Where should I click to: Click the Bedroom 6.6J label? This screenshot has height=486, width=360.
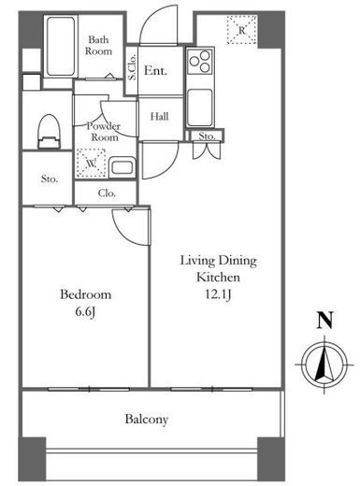[86, 303]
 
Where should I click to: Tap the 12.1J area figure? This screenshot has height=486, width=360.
[218, 294]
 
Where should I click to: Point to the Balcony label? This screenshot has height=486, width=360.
[147, 420]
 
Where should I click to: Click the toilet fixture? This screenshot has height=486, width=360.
[49, 132]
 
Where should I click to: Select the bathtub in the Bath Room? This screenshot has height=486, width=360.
[61, 46]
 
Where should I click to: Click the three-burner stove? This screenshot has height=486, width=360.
[200, 61]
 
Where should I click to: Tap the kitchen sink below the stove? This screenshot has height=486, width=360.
[200, 107]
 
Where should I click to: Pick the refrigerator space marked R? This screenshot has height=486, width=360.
[242, 30]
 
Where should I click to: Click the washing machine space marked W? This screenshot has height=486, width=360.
[91, 163]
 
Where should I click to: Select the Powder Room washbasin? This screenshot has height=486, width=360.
[122, 167]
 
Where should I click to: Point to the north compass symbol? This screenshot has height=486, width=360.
[324, 364]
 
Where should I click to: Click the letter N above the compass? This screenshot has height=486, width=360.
[324, 321]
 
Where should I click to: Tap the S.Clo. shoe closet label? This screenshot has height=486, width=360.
[132, 66]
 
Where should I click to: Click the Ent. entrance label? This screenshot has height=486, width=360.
[155, 70]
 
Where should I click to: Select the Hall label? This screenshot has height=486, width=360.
[159, 117]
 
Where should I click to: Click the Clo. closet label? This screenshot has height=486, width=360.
[107, 193]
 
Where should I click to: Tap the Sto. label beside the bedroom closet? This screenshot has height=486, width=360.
[50, 179]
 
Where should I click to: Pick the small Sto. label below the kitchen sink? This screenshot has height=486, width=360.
[207, 136]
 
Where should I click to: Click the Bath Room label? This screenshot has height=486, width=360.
[98, 46]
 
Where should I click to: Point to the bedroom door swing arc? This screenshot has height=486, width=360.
[122, 234]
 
